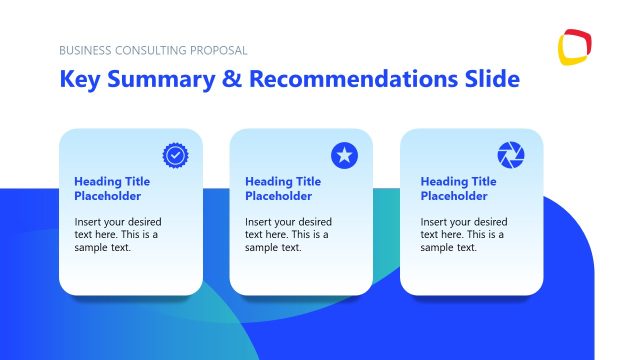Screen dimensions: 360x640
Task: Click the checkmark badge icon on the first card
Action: tap(175, 155)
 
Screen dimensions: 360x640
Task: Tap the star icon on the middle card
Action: tap(344, 155)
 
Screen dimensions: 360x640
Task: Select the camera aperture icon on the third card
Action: tap(510, 155)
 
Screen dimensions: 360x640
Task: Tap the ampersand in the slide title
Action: tap(232, 79)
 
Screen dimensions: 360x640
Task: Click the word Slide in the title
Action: tap(490, 79)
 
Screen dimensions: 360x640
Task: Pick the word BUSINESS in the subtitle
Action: tap(84, 50)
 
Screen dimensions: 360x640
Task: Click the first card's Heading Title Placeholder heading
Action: tap(111, 189)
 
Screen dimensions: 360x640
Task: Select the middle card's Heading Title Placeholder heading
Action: tap(282, 189)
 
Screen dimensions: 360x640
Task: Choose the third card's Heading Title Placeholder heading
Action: tap(458, 189)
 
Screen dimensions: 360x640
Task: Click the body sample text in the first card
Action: tap(118, 234)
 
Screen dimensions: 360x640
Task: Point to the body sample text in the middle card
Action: tap(288, 234)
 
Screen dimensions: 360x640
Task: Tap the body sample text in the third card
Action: tap(463, 234)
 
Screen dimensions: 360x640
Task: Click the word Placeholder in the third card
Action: tap(454, 196)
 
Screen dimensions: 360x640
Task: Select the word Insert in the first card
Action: tap(89, 222)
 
